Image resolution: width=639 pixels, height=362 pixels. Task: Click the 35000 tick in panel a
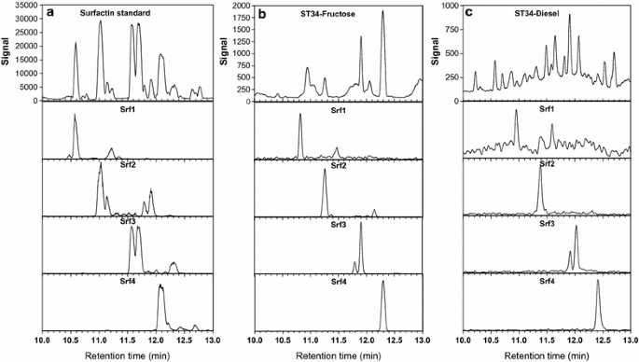pos(21,6)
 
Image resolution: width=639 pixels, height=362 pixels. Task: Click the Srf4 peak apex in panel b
pos(382,283)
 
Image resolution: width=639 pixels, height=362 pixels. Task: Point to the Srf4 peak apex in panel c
pos(598,285)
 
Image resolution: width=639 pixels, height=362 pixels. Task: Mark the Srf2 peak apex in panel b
pos(325,170)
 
